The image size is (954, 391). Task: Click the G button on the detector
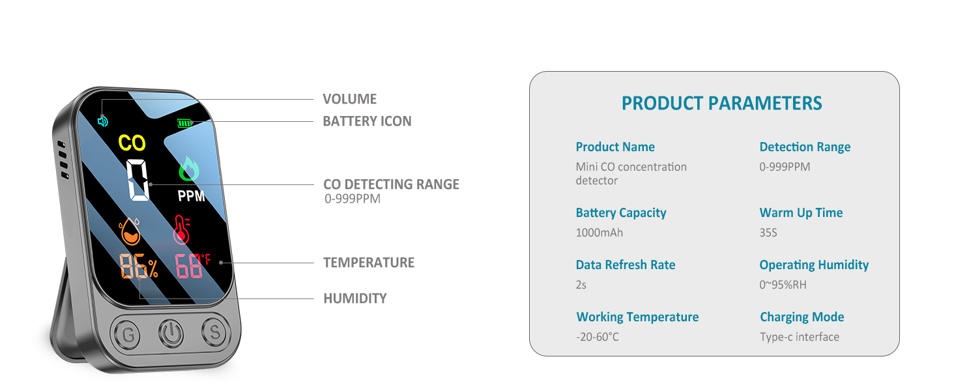pyautogui.click(x=127, y=335)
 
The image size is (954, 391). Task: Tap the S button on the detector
pyautogui.click(x=213, y=333)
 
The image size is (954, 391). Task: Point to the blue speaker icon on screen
pyautogui.click(x=102, y=121)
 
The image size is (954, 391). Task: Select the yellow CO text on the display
pyautogui.click(x=132, y=143)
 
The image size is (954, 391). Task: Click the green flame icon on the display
pyautogui.click(x=190, y=170)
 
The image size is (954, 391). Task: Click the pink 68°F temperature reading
pyautogui.click(x=192, y=266)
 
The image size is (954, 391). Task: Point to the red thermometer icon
pyautogui.click(x=182, y=231)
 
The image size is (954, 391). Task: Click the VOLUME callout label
pyautogui.click(x=350, y=99)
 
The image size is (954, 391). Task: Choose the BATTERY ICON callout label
pyautogui.click(x=367, y=121)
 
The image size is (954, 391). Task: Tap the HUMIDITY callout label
pyautogui.click(x=355, y=298)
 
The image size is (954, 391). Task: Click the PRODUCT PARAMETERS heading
pyautogui.click(x=721, y=103)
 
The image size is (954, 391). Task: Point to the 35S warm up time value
pyautogui.click(x=768, y=233)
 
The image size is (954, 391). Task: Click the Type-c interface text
pyautogui.click(x=799, y=337)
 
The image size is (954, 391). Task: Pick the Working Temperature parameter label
pyautogui.click(x=637, y=317)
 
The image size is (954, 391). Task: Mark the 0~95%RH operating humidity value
pyautogui.click(x=783, y=285)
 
